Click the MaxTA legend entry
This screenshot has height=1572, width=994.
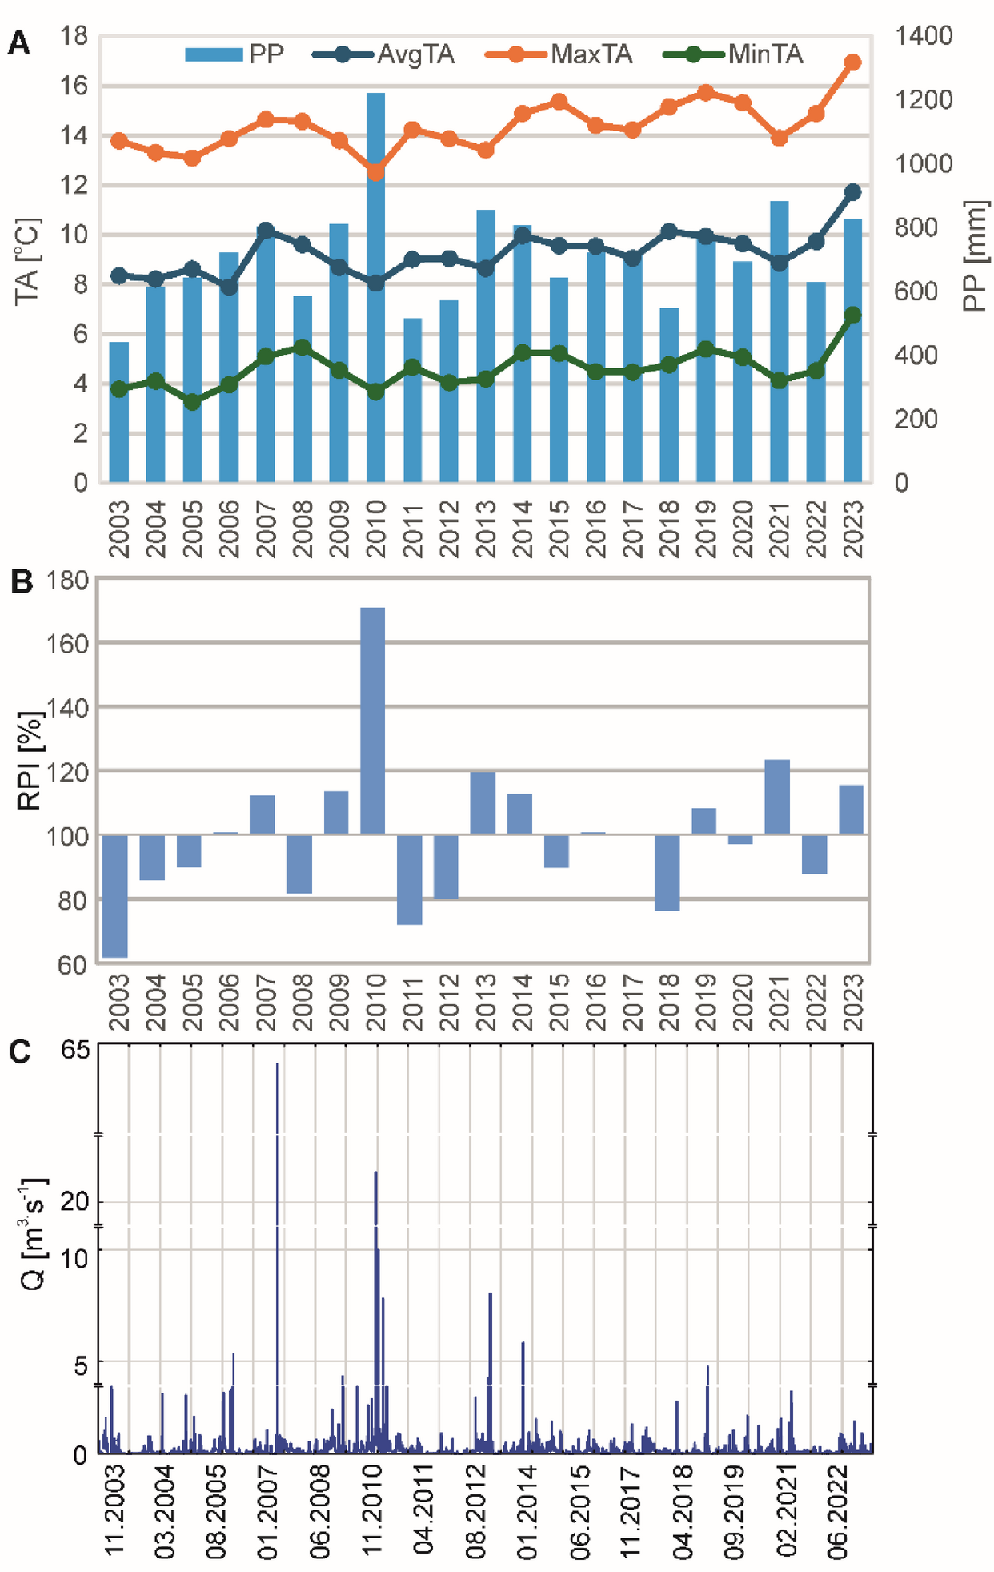[x=591, y=54]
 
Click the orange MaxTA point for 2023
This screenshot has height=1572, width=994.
[x=852, y=62]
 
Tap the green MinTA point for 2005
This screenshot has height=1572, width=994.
[x=192, y=402]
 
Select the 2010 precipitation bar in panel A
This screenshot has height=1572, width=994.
[x=375, y=288]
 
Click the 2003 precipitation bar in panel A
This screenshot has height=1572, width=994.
[x=118, y=412]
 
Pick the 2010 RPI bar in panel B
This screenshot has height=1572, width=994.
[x=372, y=721]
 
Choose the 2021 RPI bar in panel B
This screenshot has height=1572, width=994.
[x=777, y=797]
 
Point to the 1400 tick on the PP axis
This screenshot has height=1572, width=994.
[x=923, y=36]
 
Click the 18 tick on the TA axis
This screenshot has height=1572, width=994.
[x=74, y=36]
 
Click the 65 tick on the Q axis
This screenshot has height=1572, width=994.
[x=75, y=1049]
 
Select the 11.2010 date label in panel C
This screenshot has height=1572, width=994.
[x=372, y=1510]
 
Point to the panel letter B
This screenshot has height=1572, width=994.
[x=22, y=581]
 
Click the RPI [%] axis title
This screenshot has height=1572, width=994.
[x=30, y=761]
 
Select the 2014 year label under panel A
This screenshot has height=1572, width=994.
[x=523, y=529]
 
